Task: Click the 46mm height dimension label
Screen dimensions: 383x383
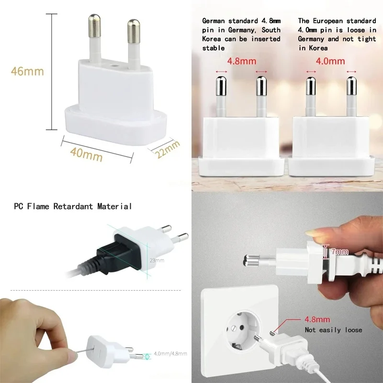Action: [x=27, y=71]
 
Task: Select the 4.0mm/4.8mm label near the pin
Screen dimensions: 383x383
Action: [x=170, y=354]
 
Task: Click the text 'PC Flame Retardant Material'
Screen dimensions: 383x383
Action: [x=72, y=206]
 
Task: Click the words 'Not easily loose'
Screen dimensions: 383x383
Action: [x=333, y=330]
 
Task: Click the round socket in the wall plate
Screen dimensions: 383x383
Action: [x=242, y=330]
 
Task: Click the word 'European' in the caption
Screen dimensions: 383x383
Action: [x=332, y=21]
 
